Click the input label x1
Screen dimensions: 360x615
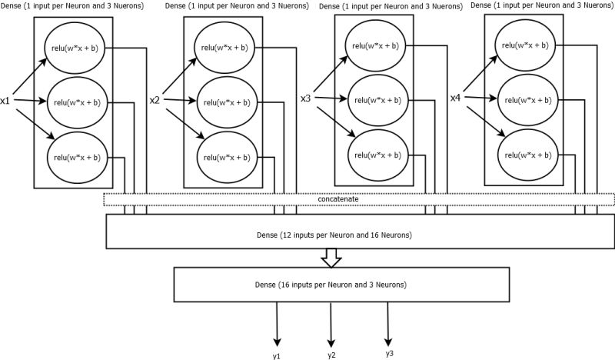[x=5, y=101]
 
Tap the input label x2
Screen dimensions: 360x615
[x=155, y=101]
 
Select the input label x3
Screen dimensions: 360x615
[x=305, y=98]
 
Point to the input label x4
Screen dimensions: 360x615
[x=456, y=98]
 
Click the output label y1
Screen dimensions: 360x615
[x=277, y=356]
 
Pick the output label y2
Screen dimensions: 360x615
[x=331, y=355]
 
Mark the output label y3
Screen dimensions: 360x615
[x=390, y=353]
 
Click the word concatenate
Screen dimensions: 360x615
[x=339, y=199]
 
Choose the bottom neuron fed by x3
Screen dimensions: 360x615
[x=376, y=154]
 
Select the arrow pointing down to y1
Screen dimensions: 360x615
[x=277, y=323]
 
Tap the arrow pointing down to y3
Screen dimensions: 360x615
[x=387, y=323]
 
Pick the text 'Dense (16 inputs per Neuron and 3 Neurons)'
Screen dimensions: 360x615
[x=331, y=285]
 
